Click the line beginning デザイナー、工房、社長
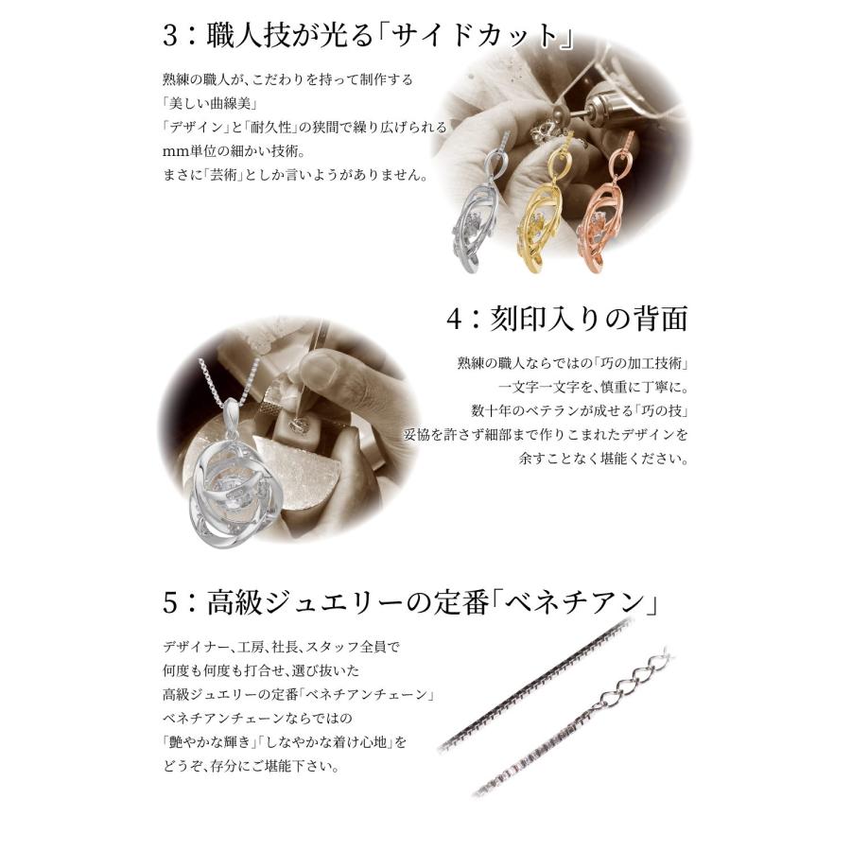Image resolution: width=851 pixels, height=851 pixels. click(x=281, y=647)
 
